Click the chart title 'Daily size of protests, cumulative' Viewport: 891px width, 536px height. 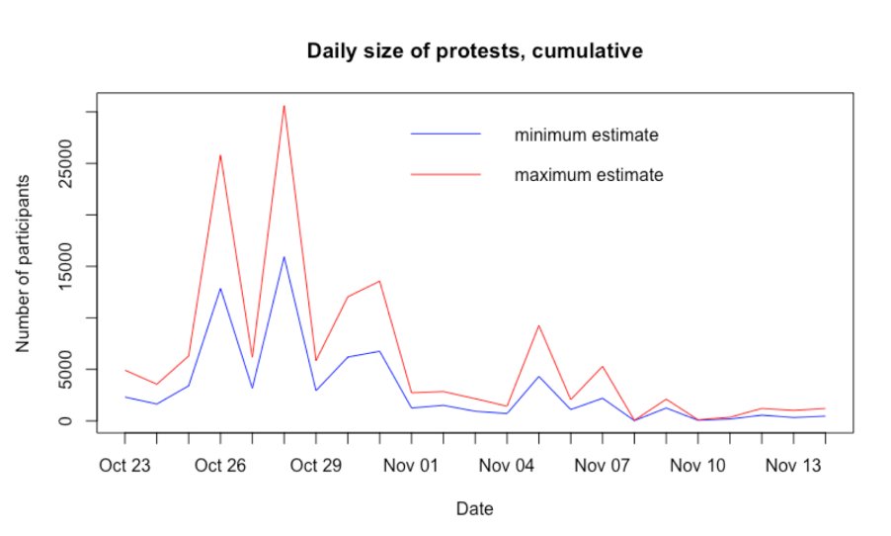coord(475,50)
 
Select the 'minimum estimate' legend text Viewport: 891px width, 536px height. coord(586,134)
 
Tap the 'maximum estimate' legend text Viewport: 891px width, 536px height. coord(588,175)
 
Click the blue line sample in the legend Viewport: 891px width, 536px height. coord(445,134)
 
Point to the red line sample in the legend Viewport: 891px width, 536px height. coord(445,174)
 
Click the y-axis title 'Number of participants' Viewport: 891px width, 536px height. coord(23,263)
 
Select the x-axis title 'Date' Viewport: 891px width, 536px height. coord(475,509)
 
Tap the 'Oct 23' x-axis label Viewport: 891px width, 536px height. coord(124,465)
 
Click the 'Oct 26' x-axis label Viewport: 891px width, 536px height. coord(220,465)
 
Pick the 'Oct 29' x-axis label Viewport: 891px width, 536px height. coord(316,465)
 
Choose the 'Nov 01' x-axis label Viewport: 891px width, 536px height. coord(412,465)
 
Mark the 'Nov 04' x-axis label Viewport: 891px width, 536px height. coord(508,465)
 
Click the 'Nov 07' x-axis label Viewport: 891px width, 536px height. coord(604,465)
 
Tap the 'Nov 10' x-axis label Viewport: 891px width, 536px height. coord(699,465)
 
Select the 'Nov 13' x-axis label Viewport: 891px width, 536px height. coord(795,465)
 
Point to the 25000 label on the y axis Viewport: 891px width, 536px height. coord(66,163)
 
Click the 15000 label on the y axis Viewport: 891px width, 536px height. coord(66,266)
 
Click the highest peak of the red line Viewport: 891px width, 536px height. coord(284,105)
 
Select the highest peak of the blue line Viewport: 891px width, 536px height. coord(284,257)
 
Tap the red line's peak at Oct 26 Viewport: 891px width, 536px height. coord(220,155)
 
